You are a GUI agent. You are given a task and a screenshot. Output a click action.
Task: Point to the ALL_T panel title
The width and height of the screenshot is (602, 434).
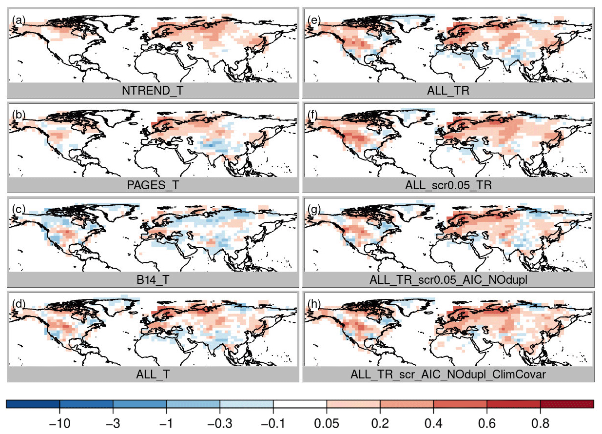tap(153, 374)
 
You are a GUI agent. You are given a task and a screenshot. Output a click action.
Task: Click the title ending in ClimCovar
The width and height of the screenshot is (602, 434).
tap(448, 374)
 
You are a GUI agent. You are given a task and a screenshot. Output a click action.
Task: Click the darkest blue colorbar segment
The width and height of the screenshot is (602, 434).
tap(33, 404)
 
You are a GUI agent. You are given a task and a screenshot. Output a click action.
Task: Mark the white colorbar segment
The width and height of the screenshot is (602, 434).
tap(300, 404)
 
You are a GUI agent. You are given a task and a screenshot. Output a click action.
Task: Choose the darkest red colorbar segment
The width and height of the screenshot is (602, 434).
tap(567, 404)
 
